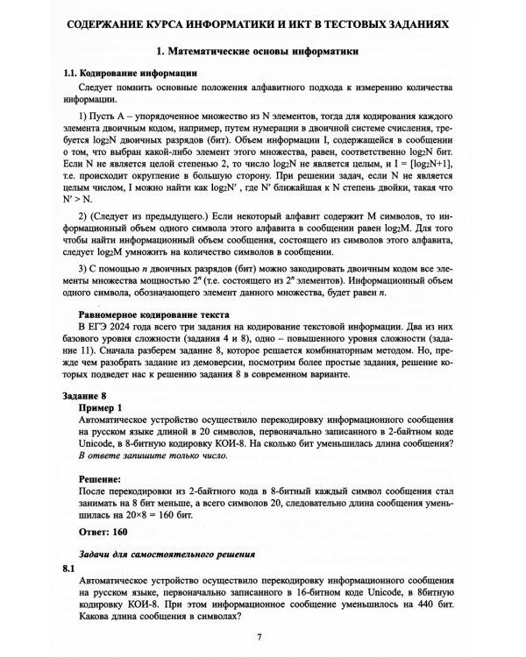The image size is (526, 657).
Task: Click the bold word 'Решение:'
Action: coord(105,480)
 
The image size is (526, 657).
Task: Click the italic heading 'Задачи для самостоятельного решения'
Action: coord(167,555)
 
